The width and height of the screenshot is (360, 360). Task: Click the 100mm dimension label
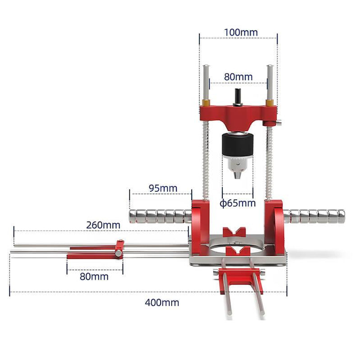tap(240, 32)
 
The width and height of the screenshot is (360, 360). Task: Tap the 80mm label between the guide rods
tap(238, 77)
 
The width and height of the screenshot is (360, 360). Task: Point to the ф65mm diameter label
tap(238, 203)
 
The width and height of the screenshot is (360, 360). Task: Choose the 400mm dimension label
tap(162, 303)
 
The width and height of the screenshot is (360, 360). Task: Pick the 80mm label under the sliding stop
tap(94, 277)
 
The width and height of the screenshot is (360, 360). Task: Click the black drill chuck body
tap(238, 145)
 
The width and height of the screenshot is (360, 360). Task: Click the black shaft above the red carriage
tap(238, 97)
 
